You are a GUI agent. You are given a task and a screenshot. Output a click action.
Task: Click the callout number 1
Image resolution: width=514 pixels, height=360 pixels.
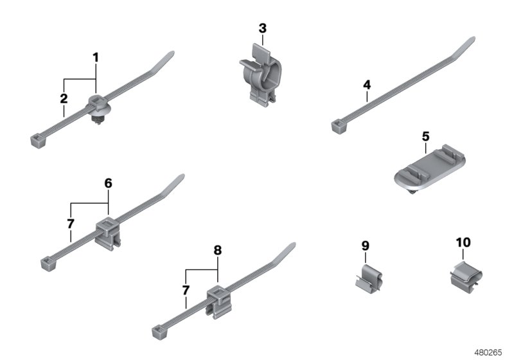pos(96,58)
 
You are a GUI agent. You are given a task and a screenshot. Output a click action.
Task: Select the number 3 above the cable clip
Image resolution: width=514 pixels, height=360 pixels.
pos(262,28)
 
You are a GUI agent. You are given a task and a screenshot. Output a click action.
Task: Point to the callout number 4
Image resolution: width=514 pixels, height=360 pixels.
pos(367,85)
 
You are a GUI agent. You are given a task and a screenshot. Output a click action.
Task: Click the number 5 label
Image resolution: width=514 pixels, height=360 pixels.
pos(425,136)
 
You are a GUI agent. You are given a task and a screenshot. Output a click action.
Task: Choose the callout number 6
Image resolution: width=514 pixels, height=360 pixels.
pos(108,183)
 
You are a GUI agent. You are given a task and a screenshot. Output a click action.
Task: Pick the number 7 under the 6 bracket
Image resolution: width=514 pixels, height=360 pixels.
pos(70,224)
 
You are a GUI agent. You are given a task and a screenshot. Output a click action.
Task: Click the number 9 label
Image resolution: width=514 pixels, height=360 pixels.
pos(366,246)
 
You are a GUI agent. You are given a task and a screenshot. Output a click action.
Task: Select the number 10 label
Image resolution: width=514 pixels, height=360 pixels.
pos(463,242)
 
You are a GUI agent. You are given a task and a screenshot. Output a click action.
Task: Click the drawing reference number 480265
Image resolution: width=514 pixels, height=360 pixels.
pos(489,352)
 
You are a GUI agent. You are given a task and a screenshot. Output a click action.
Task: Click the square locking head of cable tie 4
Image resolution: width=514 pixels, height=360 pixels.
pos(337,127)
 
